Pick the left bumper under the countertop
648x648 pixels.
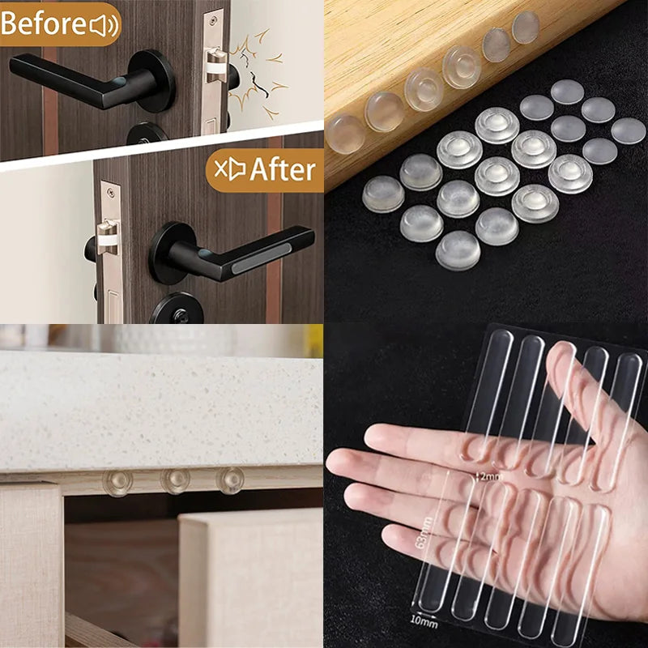[x=117, y=483]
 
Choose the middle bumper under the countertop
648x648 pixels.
[x=175, y=480]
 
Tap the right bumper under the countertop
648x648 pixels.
[x=230, y=480]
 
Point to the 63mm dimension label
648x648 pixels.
[x=421, y=531]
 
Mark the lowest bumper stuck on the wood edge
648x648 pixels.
[x=345, y=134]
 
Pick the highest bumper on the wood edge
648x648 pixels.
[x=525, y=26]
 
